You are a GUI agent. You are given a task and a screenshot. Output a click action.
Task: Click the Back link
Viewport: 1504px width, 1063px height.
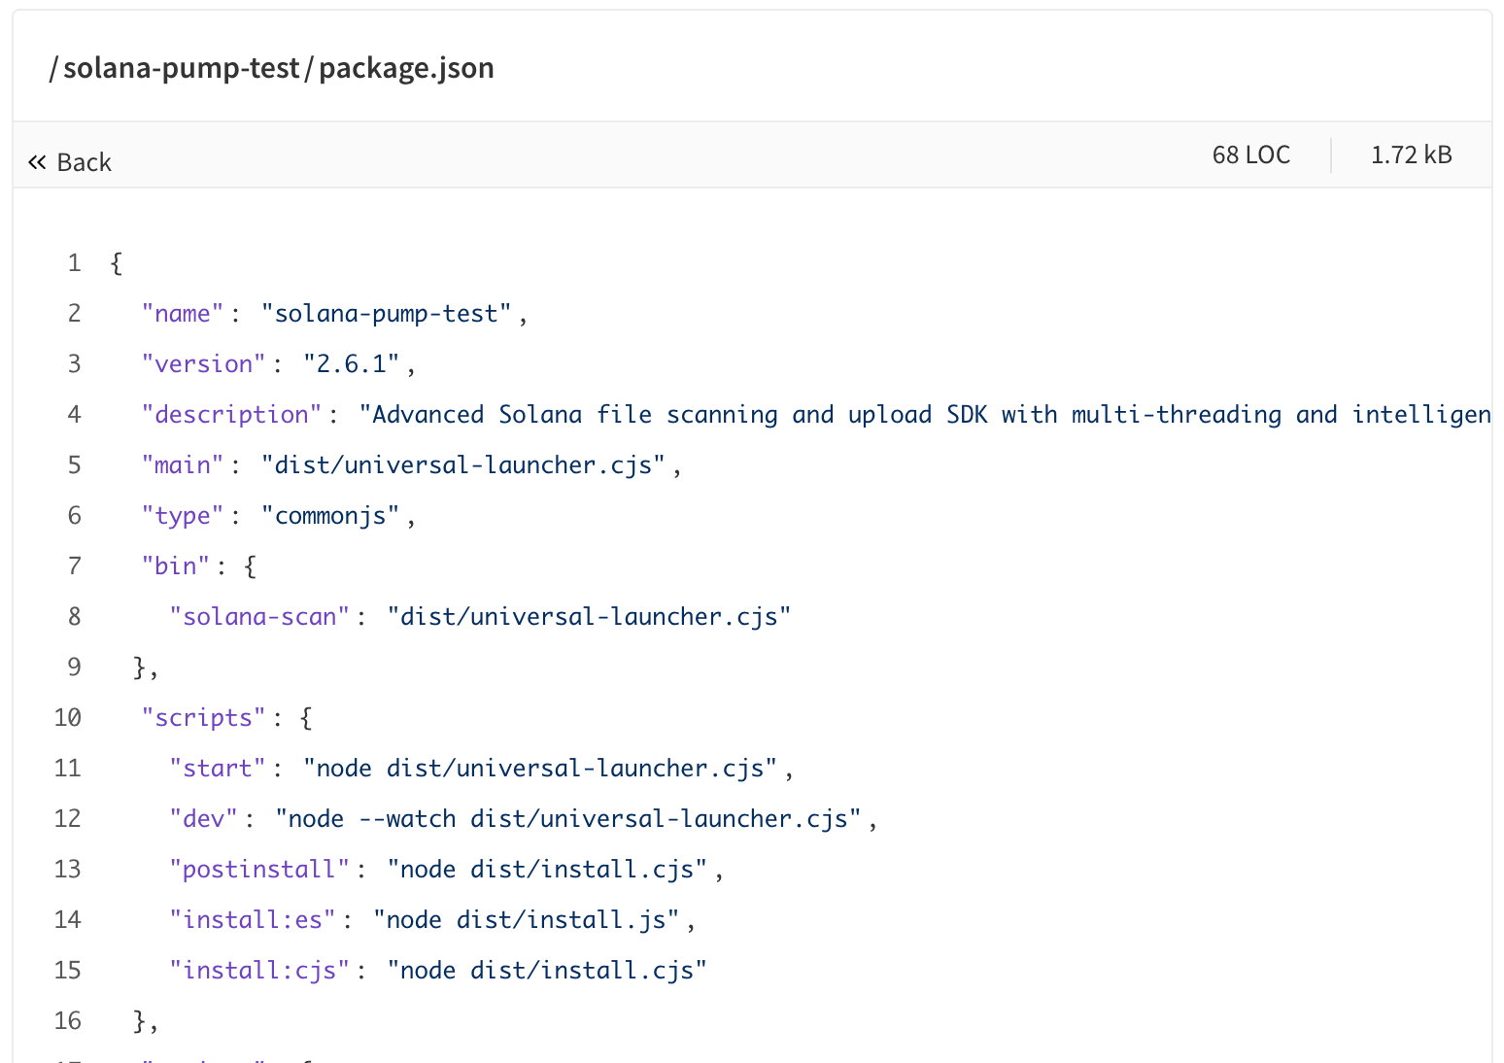click(70, 162)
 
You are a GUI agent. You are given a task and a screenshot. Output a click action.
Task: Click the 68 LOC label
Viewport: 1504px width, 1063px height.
click(1250, 155)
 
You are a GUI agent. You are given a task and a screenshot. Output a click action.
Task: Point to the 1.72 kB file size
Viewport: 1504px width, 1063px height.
click(1412, 155)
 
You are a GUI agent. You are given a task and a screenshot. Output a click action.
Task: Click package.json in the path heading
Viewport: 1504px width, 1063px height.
click(406, 68)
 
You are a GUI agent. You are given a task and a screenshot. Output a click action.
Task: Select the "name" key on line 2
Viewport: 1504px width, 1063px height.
click(182, 314)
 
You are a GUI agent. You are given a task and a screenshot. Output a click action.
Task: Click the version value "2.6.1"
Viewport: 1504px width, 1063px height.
click(351, 364)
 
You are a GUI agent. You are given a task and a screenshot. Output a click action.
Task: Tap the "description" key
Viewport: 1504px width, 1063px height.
click(231, 415)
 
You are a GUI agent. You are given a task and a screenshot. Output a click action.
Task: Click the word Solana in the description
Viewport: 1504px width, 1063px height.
click(540, 414)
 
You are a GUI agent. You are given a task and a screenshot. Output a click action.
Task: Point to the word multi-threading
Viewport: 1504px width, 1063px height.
click(1176, 415)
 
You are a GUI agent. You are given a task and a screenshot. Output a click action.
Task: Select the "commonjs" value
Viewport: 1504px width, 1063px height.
click(330, 516)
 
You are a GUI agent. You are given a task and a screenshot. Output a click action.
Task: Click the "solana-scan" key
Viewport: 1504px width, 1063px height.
click(259, 616)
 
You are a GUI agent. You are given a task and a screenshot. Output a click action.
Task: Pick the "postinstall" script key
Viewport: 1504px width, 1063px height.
click(259, 869)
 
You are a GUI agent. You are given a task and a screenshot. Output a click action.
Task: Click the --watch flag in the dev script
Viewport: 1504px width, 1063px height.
click(407, 818)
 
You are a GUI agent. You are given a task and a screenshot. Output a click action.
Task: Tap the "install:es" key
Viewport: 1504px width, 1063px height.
click(252, 919)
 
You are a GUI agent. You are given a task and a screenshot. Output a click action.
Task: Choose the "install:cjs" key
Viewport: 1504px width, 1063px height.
click(259, 971)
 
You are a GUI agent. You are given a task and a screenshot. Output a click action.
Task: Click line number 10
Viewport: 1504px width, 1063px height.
click(67, 718)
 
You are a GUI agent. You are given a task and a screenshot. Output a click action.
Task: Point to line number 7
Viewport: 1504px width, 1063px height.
click(74, 566)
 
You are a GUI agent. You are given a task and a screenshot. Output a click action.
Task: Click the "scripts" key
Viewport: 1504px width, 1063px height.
click(203, 718)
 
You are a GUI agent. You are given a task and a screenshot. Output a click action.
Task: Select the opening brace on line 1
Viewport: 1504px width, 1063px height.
click(117, 263)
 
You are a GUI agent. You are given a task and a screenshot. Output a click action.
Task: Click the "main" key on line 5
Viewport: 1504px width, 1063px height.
click(182, 465)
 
